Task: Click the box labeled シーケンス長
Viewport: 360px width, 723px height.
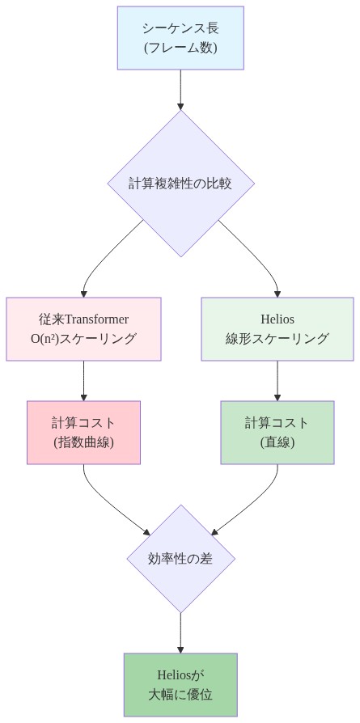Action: coord(180,38)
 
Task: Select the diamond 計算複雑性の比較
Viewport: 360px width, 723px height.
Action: coord(180,183)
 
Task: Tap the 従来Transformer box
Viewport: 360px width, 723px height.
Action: coord(83,328)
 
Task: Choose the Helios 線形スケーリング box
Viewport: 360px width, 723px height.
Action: coord(277,328)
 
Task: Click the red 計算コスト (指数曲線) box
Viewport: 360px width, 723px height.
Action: coord(83,432)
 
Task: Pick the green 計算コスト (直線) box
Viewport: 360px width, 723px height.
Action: coord(277,432)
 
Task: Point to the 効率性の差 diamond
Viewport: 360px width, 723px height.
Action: coord(180,558)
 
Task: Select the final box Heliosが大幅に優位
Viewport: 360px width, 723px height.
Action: coord(180,684)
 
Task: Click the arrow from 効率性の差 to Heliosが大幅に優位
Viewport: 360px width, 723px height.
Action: coord(180,632)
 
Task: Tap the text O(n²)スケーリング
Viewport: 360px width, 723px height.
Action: coord(83,339)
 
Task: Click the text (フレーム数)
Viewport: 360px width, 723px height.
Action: coord(180,48)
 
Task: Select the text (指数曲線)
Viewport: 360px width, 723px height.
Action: coord(83,442)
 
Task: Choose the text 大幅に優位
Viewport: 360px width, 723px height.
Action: coord(180,695)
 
